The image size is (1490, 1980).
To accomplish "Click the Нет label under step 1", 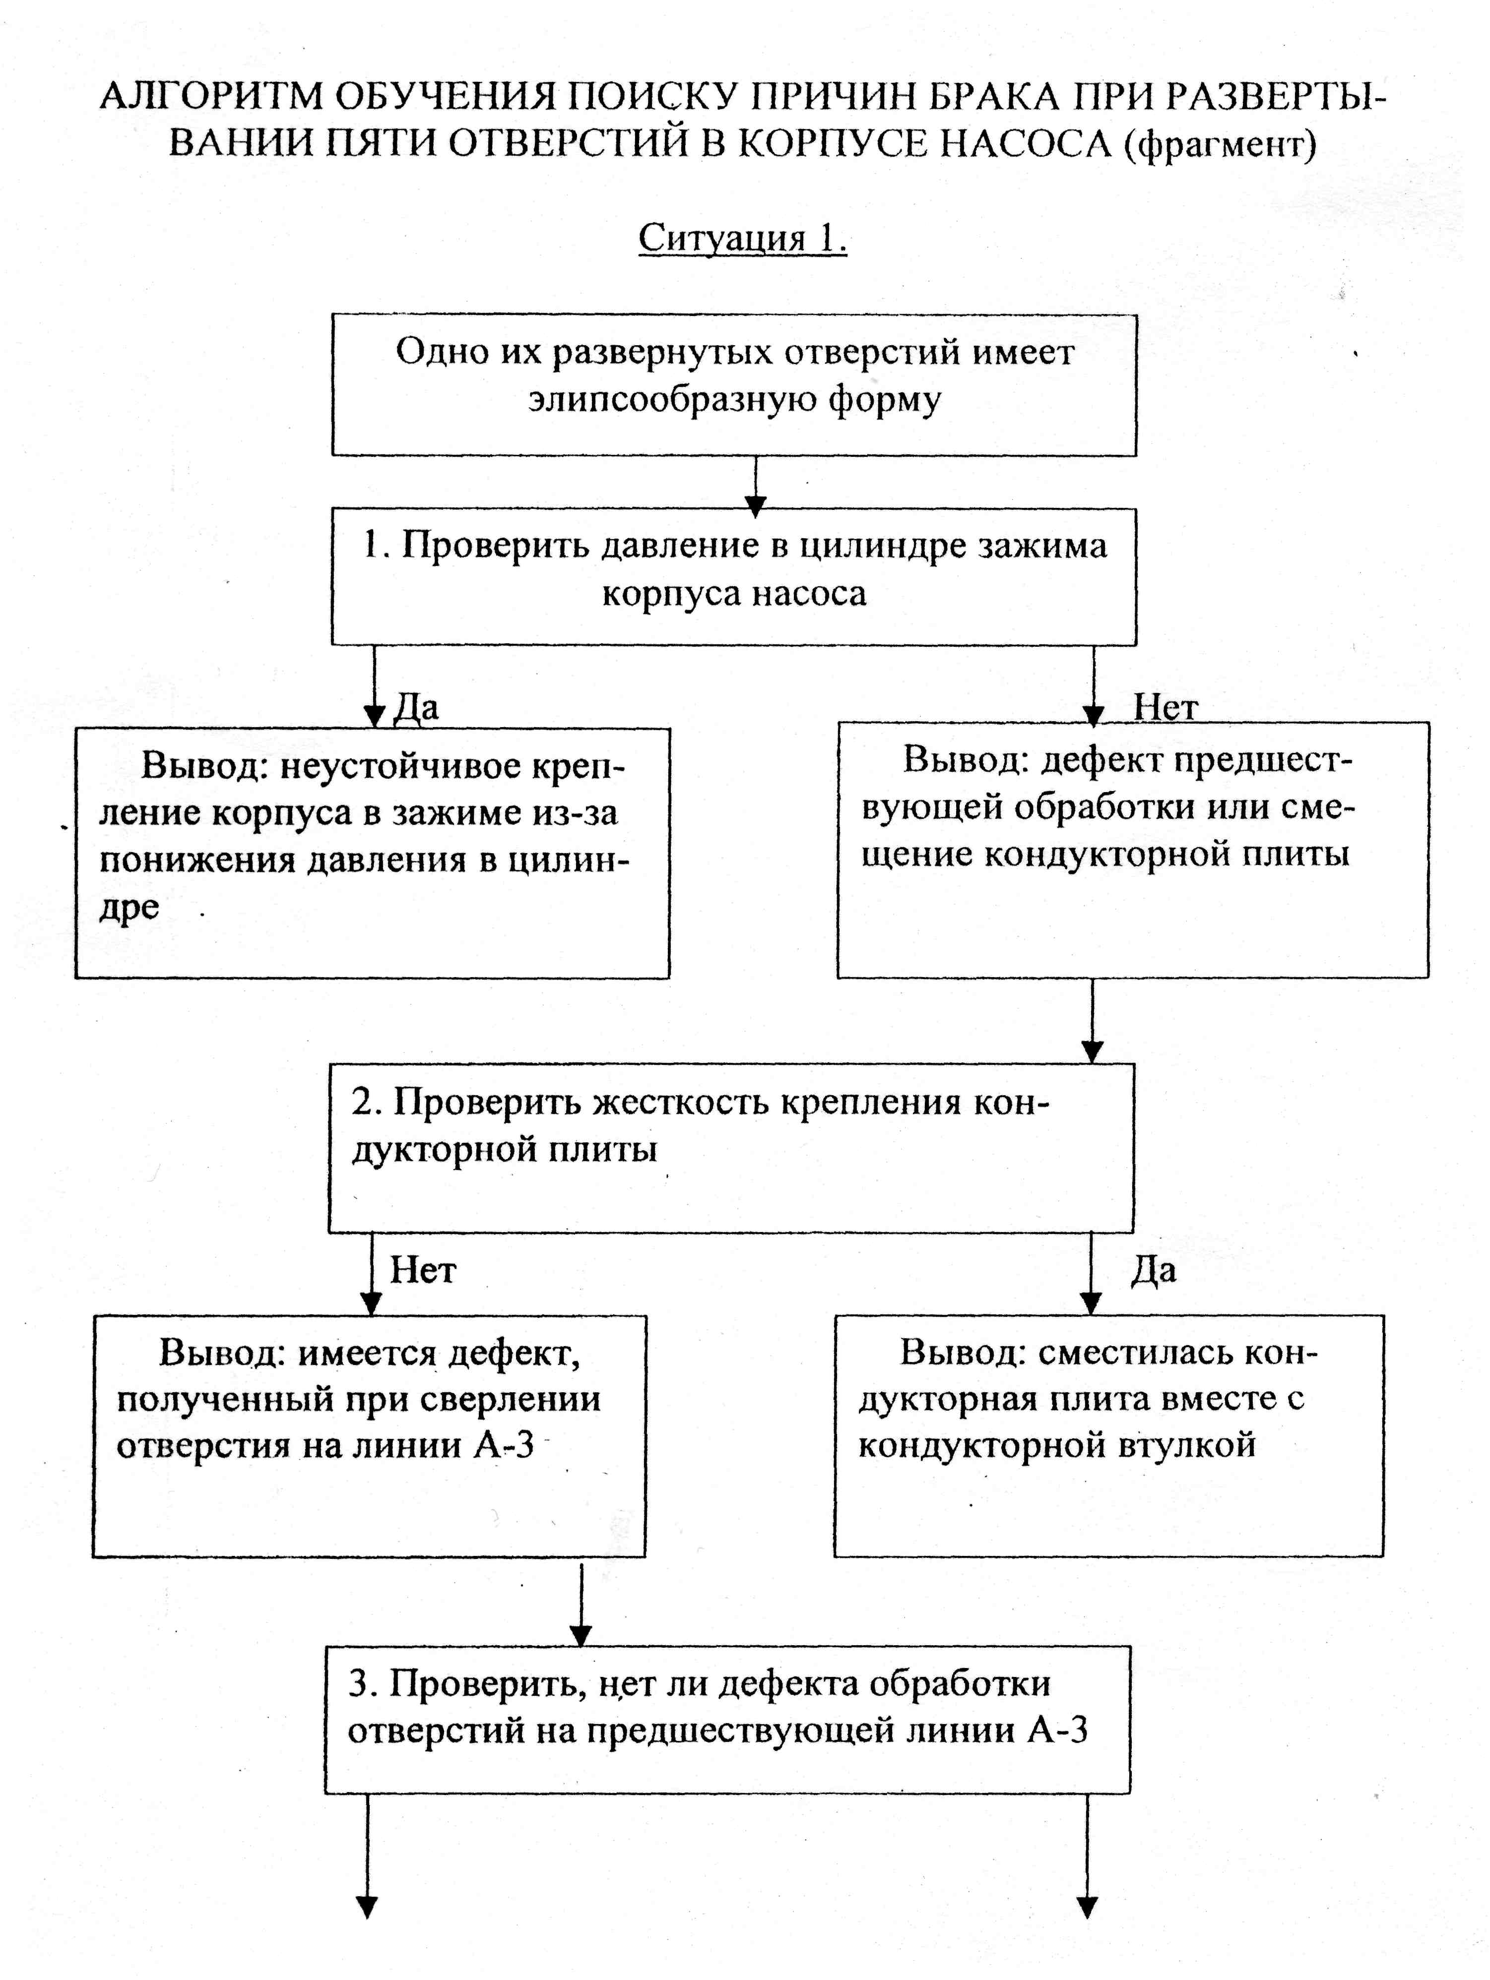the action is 1166,707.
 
